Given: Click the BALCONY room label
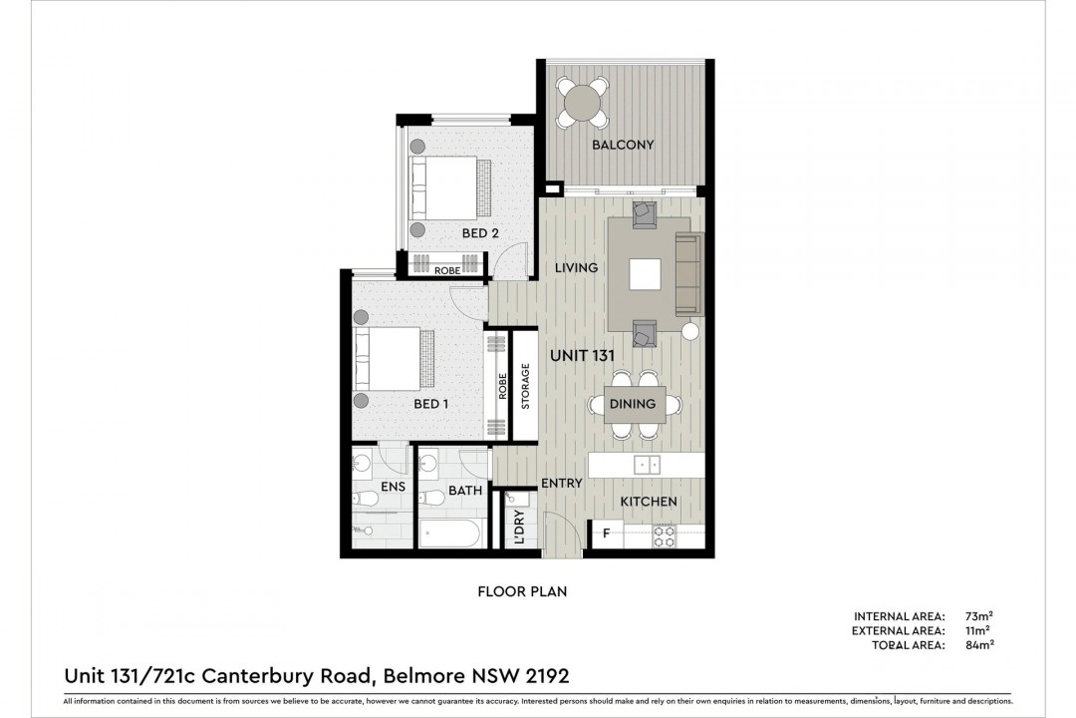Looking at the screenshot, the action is pos(623,145).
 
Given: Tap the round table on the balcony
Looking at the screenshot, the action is pos(582,103).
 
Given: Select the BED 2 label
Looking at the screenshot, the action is pos(479,233).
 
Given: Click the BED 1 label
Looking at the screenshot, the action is pos(430,404).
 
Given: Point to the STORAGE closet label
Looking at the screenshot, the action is pos(526,386).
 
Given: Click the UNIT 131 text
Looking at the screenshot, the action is pos(582,355).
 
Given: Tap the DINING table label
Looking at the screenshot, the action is pos(633,404).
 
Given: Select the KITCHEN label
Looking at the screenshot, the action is pos(649,502).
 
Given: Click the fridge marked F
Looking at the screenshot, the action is pos(607,534).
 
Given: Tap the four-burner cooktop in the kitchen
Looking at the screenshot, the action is pos(664,536).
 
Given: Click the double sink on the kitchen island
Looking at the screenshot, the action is pos(646,465).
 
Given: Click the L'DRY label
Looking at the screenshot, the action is pos(519,527).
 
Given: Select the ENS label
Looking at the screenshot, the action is pos(393,487).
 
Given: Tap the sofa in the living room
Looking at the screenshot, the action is pos(689,273).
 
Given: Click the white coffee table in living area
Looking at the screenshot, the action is pos(645,274).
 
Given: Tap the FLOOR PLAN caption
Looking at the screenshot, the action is pos(522,591).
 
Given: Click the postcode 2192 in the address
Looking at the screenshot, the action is pos(547,676).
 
